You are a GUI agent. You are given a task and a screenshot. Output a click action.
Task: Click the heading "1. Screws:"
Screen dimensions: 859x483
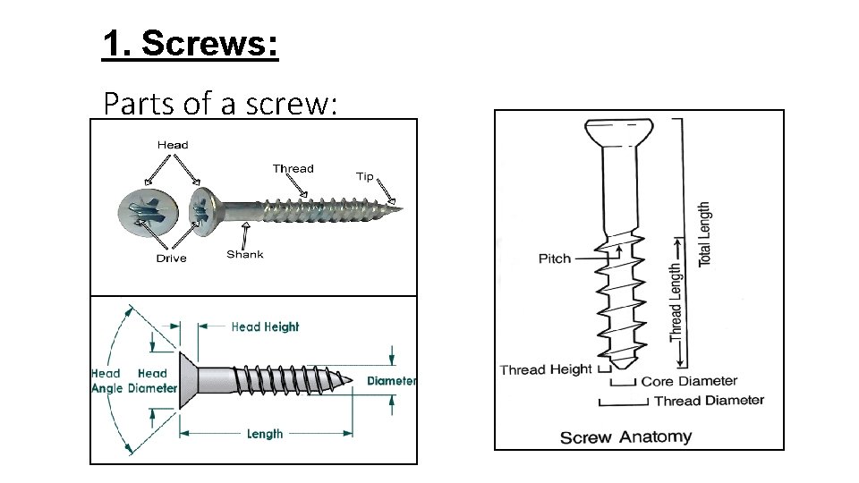click(191, 43)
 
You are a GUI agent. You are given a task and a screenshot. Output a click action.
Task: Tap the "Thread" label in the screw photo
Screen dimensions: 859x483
click(293, 168)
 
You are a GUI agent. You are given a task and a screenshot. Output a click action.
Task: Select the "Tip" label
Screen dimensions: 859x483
click(365, 176)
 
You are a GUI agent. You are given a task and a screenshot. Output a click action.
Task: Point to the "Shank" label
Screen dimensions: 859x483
click(244, 254)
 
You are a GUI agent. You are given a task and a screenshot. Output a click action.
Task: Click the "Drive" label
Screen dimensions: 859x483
click(171, 258)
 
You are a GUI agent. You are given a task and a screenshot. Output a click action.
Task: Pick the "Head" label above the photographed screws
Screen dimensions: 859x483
click(173, 145)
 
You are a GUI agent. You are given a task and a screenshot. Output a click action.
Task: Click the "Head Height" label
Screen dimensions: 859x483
click(265, 327)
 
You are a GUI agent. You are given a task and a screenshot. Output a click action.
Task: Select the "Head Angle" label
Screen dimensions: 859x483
click(106, 381)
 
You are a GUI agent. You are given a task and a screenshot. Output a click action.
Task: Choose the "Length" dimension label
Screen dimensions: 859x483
click(265, 434)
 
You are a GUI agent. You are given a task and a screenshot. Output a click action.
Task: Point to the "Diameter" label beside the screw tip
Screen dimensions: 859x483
click(391, 381)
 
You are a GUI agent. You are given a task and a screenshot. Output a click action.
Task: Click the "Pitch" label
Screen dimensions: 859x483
click(555, 258)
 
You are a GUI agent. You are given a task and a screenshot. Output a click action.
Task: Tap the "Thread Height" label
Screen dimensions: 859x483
click(545, 369)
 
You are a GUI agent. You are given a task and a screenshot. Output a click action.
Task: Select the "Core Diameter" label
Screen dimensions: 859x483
click(689, 382)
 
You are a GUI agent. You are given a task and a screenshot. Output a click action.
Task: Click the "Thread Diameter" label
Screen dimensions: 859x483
click(709, 401)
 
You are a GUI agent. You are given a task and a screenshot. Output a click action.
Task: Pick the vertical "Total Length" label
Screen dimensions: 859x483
click(705, 234)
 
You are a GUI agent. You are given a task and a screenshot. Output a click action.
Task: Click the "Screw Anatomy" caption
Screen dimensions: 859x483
click(625, 437)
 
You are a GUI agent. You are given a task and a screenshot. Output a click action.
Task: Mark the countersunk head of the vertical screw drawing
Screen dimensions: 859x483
click(618, 133)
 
